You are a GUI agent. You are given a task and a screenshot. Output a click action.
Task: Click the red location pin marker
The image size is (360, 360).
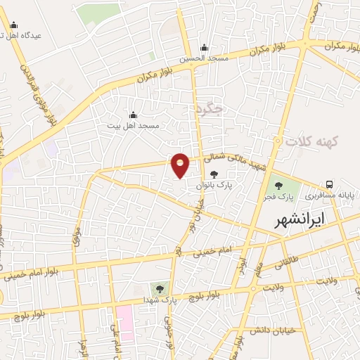[181, 165]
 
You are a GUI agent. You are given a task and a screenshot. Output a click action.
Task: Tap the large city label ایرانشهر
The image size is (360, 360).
[300, 219]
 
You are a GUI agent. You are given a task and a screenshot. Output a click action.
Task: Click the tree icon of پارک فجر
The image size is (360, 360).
[280, 186]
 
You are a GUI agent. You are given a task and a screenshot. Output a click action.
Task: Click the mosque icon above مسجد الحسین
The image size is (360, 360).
[204, 48]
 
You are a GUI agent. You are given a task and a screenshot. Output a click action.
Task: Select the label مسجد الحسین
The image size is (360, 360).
[204, 59]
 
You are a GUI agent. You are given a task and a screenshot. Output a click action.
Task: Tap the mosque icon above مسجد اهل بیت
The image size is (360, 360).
[134, 115]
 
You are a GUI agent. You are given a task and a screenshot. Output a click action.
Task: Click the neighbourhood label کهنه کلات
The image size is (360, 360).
[312, 142]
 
